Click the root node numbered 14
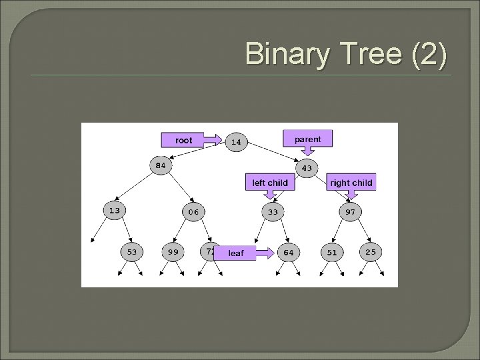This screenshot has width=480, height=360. coord(236,141)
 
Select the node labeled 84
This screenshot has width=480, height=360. coord(161,166)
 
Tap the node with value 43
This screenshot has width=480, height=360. coord(305,168)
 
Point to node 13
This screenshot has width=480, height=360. coord(115,210)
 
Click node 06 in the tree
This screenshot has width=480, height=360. coord(193,212)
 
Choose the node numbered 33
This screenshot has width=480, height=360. coord(273,212)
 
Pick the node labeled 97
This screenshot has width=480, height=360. coord(350,212)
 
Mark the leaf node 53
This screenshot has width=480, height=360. coord(131,252)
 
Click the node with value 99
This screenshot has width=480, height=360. coord(173,252)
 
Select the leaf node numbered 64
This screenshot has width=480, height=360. coord(288,253)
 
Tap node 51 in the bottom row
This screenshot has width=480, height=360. coord(331,253)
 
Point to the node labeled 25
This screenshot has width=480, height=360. coord(370,252)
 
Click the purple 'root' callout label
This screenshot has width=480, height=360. coord(183,140)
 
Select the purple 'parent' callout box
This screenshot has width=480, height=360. coord(307,139)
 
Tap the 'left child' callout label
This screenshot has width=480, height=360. coord(270,182)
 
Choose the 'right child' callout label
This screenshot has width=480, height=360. coord(351,182)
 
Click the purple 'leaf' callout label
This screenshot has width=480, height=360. coord(236,253)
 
